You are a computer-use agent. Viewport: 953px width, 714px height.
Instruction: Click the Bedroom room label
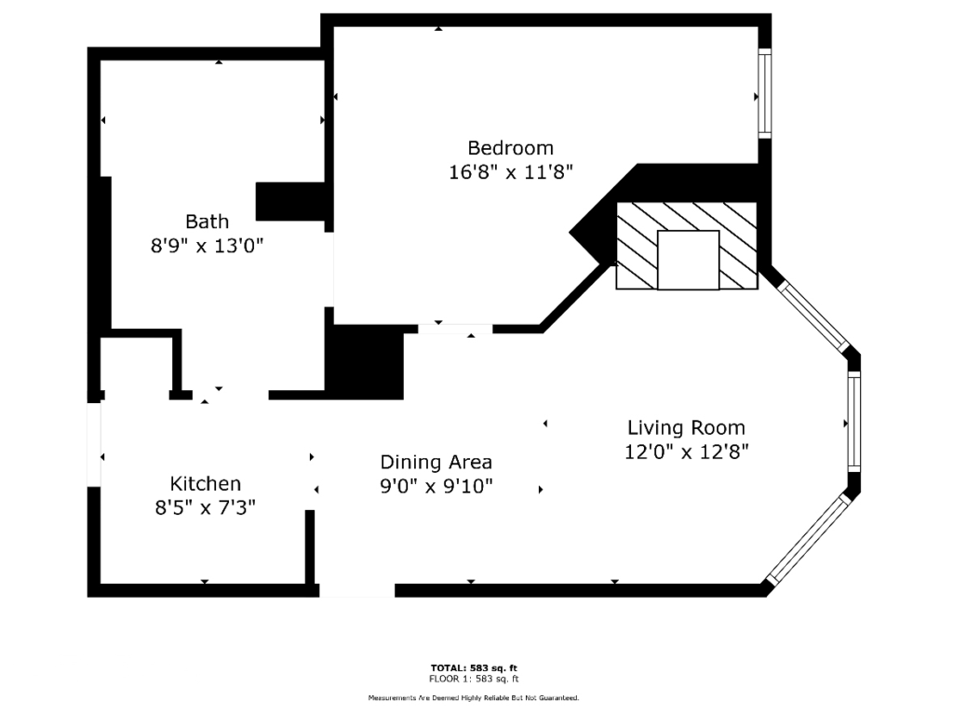tap(511, 148)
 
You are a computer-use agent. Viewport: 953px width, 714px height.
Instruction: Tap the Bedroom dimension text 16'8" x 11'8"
tap(511, 172)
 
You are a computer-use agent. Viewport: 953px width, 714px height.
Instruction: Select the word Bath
tap(208, 222)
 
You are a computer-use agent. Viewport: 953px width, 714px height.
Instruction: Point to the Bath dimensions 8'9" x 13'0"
tap(208, 246)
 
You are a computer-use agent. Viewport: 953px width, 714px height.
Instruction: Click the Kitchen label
tap(206, 483)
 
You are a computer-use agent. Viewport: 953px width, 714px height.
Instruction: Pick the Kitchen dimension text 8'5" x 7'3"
tap(206, 507)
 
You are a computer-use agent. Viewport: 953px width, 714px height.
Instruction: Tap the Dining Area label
tap(436, 463)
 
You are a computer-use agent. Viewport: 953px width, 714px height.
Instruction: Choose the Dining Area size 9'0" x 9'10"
tap(436, 487)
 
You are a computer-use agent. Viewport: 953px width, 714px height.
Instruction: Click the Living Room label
tap(686, 428)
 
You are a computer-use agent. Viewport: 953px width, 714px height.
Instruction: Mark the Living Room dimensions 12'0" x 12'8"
tap(686, 451)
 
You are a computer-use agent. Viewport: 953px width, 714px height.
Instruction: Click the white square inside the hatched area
tap(689, 260)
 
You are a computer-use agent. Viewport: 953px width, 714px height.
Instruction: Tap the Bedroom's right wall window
tap(765, 93)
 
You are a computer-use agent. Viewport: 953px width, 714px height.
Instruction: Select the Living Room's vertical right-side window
tap(854, 422)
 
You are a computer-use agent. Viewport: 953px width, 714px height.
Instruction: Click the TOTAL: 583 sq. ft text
tap(474, 667)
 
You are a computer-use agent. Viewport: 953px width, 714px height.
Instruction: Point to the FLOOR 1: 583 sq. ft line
tap(474, 679)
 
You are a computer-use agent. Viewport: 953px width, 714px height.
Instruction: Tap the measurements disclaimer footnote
tap(474, 698)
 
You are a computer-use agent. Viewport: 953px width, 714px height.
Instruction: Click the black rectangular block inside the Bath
tap(290, 201)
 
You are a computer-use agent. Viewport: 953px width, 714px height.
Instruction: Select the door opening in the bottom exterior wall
tap(357, 590)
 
